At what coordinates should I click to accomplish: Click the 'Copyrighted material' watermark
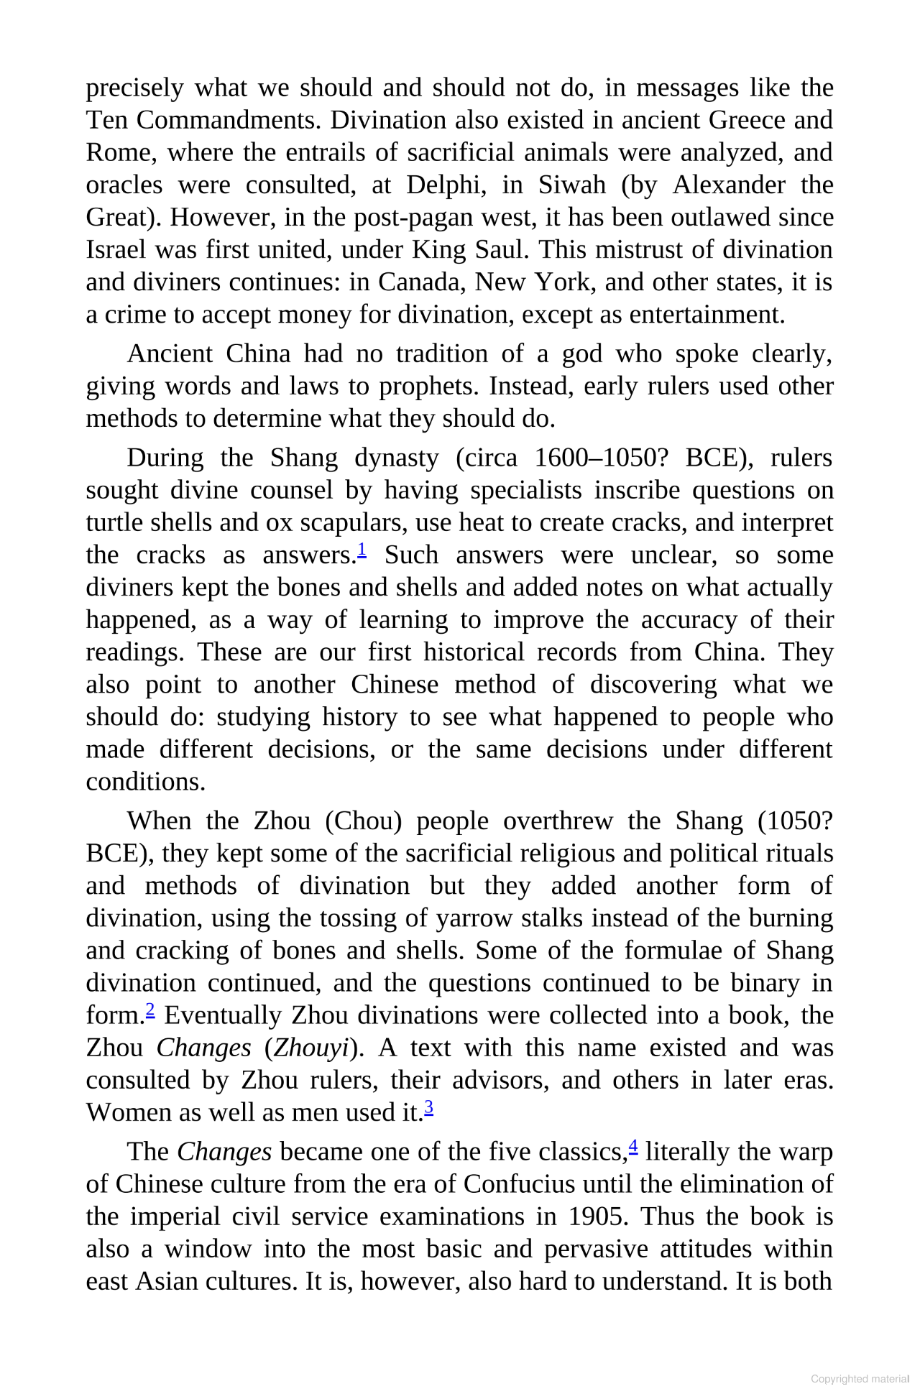860,1379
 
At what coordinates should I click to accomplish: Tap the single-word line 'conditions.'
146,782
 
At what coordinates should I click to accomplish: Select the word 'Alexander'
729,185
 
